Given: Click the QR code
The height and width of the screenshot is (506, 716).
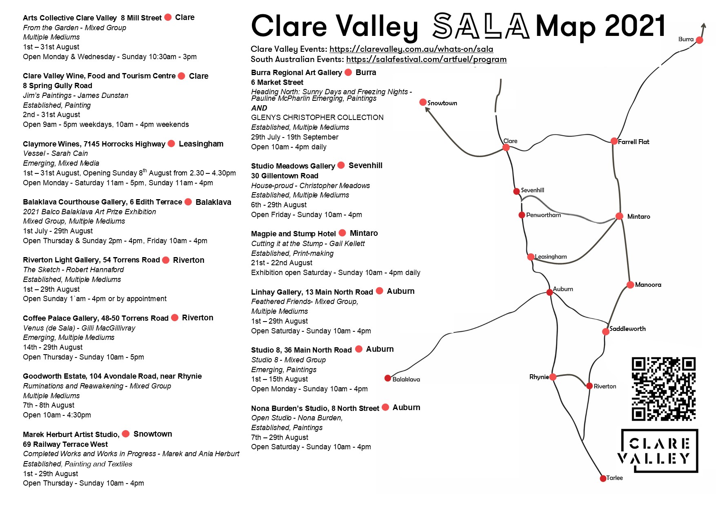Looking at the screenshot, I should coord(663,389).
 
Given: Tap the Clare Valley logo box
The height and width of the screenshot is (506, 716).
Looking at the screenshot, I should coord(659,451).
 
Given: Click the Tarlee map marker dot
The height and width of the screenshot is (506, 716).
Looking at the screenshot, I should coord(603,478).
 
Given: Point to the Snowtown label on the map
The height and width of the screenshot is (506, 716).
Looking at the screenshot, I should coord(442,103).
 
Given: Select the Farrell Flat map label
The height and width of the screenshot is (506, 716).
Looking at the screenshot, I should coord(633,142).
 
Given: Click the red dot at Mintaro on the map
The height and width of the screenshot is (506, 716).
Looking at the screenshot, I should coord(619,216).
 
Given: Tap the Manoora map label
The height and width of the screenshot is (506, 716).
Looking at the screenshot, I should coord(648,285).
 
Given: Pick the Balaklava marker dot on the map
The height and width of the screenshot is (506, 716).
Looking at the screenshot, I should coord(388,378).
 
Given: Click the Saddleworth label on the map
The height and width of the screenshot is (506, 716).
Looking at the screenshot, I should coord(627,329).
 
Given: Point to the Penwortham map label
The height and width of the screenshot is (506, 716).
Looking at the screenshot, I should coord(543,215).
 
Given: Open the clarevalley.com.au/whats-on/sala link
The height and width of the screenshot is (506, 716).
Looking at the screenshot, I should coord(411,49).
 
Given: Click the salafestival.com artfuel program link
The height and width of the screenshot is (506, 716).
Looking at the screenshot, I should coord(426,60).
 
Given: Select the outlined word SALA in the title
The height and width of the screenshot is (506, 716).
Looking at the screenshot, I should coord(481,26).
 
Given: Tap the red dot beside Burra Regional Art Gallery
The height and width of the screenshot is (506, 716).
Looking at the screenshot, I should coord(348,72).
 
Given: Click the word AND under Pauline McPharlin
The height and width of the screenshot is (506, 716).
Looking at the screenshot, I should coord(259,108).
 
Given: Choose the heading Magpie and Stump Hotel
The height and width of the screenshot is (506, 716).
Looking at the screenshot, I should coord(293,234).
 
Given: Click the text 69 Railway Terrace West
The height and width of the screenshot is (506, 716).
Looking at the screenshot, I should coord(65,444).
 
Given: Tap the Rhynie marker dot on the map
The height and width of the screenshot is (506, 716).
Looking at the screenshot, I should coord(553,377).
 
